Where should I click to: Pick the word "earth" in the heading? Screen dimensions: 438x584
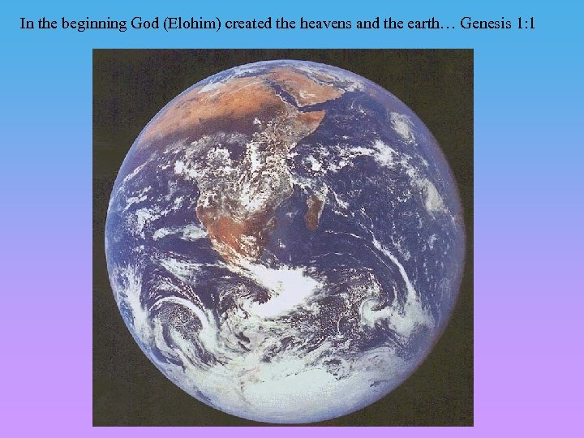coord(413,24)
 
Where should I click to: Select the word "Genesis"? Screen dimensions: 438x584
coord(487,24)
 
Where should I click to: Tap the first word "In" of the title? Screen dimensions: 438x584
coord(27,24)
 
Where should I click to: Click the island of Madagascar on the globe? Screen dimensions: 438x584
coord(313,208)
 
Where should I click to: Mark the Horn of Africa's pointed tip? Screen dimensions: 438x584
coord(324,114)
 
